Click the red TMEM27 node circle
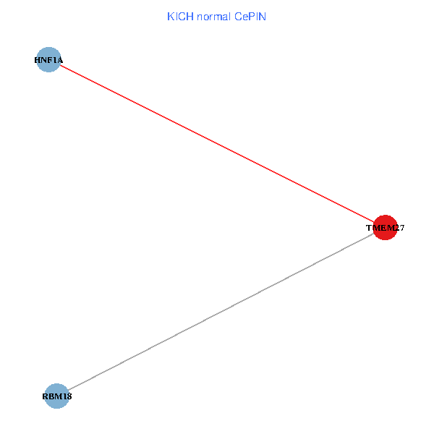tap(385, 227)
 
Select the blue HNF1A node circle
tap(48, 60)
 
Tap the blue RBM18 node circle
tap(56, 396)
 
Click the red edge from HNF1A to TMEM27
tap(217, 144)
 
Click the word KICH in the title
tap(178, 17)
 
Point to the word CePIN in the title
tap(250, 17)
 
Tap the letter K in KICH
tap(171, 17)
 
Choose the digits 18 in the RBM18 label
tap(67, 396)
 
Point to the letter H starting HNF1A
tap(37, 60)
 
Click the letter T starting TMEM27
tap(369, 228)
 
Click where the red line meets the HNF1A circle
tap(59, 66)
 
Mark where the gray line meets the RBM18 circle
tap(67, 390)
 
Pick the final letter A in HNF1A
tap(60, 60)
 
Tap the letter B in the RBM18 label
tap(51, 396)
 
